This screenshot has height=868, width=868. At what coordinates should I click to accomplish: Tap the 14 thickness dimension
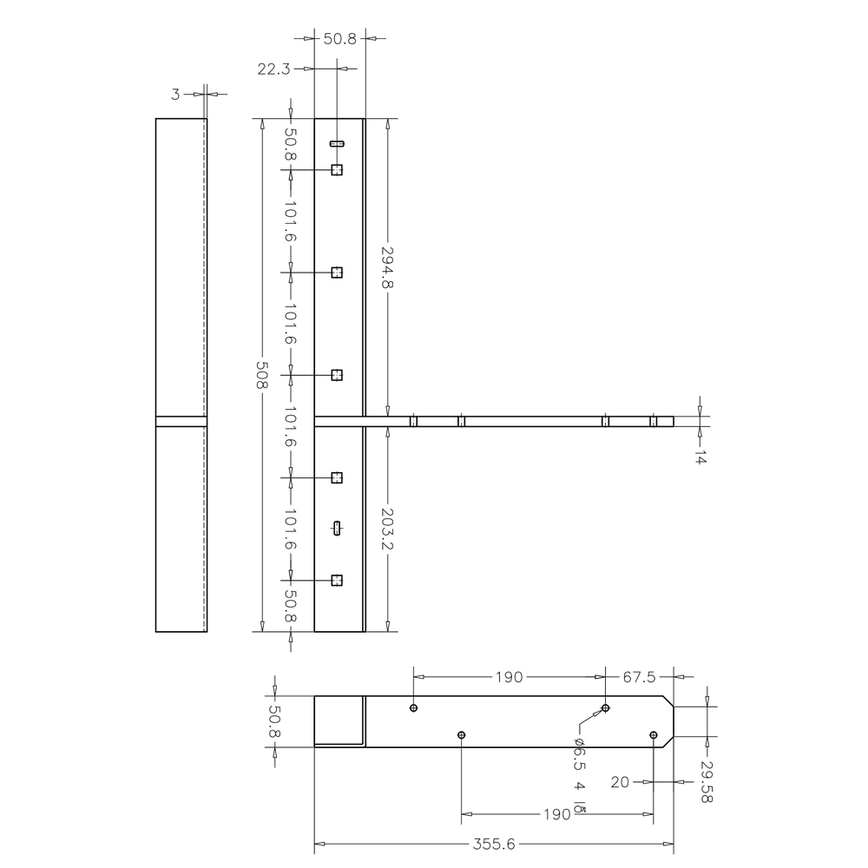[700, 457]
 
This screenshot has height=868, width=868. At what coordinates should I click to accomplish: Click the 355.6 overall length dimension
[494, 842]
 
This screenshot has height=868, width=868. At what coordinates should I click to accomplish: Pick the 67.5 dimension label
[639, 677]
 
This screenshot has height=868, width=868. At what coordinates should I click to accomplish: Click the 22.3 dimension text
[273, 69]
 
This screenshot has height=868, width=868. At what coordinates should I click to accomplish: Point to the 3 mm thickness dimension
[175, 94]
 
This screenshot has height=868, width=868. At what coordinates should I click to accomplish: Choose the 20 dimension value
[620, 782]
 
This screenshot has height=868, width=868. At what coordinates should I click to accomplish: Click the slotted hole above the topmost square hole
[337, 143]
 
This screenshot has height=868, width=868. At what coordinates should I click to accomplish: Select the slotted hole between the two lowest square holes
[337, 528]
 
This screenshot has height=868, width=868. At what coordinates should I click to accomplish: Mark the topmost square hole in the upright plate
[337, 170]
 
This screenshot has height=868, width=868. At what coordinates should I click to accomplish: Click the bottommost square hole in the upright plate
[337, 580]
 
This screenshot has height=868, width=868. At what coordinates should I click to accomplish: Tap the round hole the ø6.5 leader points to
[606, 708]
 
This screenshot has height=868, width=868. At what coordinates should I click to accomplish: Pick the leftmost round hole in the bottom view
[414, 708]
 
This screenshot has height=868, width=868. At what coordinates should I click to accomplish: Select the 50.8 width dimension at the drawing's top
[340, 38]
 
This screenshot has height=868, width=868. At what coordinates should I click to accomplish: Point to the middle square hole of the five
[337, 375]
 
